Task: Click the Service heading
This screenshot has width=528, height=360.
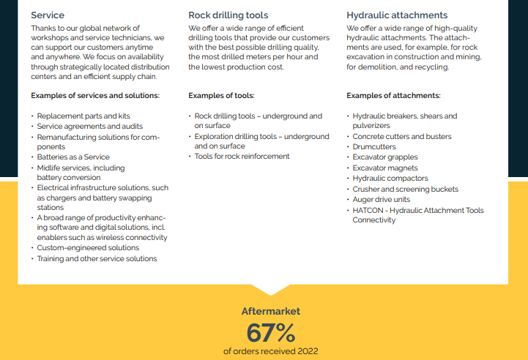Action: pyautogui.click(x=48, y=15)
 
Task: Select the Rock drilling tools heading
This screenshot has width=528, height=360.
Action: pyautogui.click(x=228, y=15)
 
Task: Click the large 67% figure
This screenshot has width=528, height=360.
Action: pyautogui.click(x=270, y=333)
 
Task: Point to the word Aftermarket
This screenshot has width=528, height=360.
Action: pyautogui.click(x=270, y=311)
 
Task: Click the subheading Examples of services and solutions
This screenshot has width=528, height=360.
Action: pyautogui.click(x=95, y=95)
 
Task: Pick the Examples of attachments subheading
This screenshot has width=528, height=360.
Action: pyautogui.click(x=393, y=95)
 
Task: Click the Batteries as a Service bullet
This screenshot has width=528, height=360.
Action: pyautogui.click(x=73, y=157)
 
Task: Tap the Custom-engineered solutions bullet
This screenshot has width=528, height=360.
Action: pyautogui.click(x=88, y=248)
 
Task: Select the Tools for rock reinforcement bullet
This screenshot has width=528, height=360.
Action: pyautogui.click(x=242, y=156)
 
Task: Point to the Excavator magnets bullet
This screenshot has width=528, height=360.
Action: pyautogui.click(x=385, y=168)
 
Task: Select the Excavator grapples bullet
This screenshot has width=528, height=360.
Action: pyautogui.click(x=385, y=157)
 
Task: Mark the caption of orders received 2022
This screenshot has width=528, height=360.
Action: pyautogui.click(x=270, y=351)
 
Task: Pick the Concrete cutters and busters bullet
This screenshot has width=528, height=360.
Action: pyautogui.click(x=402, y=136)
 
